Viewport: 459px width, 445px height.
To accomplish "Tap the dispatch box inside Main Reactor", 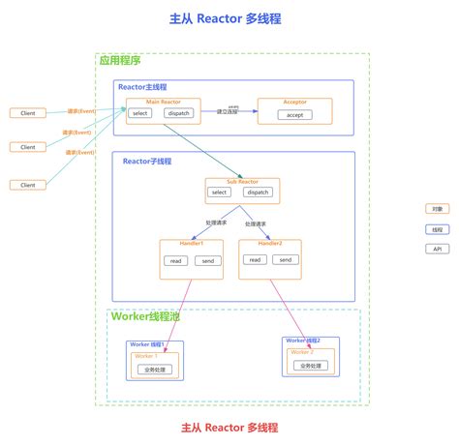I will click(178, 114).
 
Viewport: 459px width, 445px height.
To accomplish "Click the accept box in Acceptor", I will click(294, 115).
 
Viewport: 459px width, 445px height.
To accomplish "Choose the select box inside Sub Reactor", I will click(219, 193).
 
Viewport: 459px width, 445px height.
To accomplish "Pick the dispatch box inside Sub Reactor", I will click(257, 193).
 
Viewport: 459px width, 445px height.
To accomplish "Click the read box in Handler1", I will click(175, 261).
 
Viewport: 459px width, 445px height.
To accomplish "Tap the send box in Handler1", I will click(206, 261).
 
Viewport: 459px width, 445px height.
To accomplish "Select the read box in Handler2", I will click(255, 259).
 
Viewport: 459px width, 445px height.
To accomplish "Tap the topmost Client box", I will click(28, 113).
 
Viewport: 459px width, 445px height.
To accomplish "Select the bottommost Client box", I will click(28, 185).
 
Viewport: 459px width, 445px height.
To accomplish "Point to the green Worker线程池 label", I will click(145, 316).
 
